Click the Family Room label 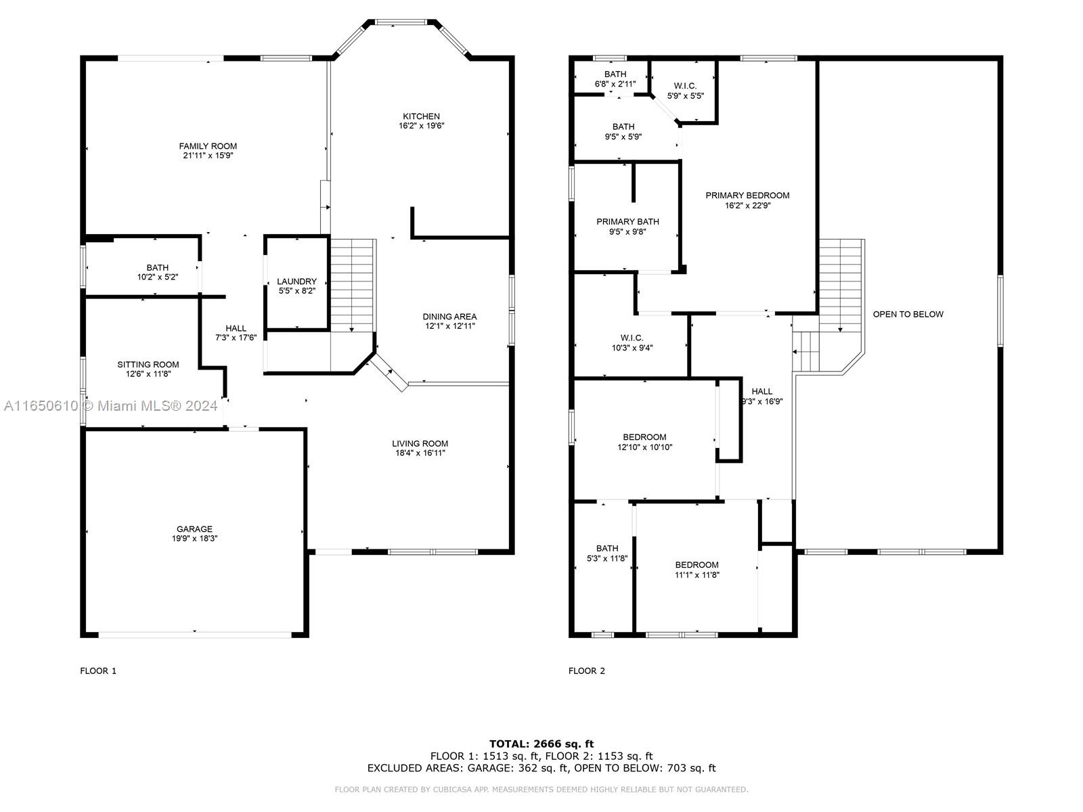coord(208,146)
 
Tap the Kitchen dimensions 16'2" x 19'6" coord(422,126)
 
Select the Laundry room coord(296,282)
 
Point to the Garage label coord(194,529)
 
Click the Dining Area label coord(449,317)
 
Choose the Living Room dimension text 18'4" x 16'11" coord(420,453)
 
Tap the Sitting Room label coord(148,364)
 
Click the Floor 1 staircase coord(351,286)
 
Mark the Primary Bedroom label coord(747,196)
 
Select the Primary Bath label coord(627,222)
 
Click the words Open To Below coord(908,314)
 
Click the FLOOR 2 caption coord(586,671)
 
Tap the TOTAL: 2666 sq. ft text coord(541,744)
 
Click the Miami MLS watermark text coord(110,406)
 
